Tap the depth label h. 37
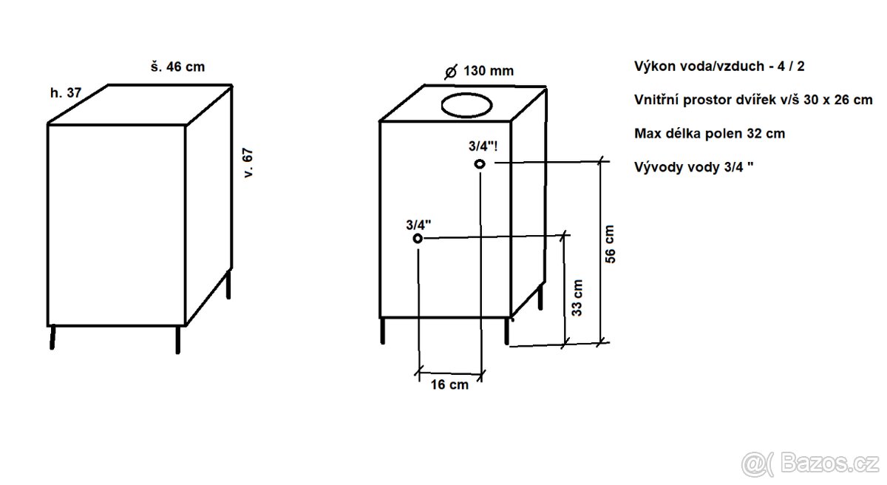coord(65,93)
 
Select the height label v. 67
coord(248,165)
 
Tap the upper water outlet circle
coord(480,164)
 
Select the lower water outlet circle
coord(418,239)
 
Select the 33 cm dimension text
coord(578,297)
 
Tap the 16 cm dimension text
coord(449,385)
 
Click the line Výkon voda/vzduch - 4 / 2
coord(719,66)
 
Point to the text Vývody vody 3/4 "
coord(694,167)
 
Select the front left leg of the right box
coord(383,330)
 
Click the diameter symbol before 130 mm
coord(450,72)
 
